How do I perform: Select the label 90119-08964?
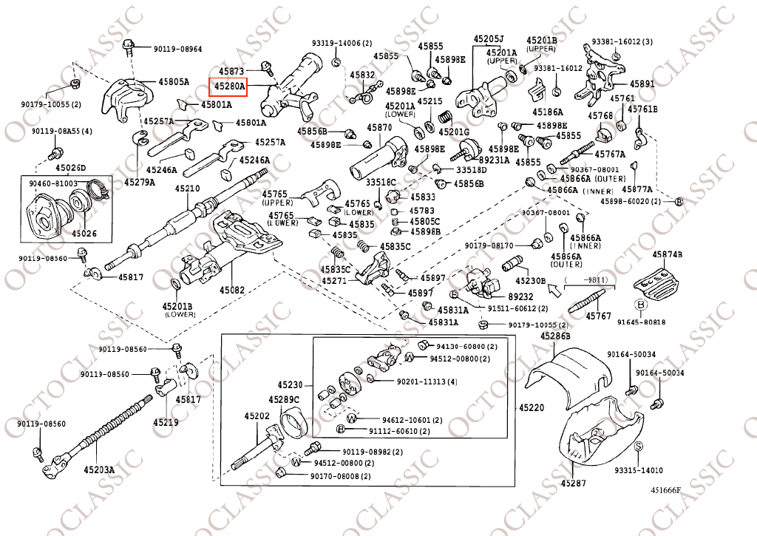click(x=177, y=49)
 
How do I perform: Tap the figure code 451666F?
click(x=665, y=490)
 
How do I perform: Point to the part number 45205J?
click(x=488, y=38)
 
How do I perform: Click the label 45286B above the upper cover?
click(x=555, y=336)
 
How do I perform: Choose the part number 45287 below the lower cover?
click(x=573, y=484)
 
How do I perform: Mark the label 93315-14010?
click(x=638, y=470)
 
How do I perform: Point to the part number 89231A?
click(x=495, y=160)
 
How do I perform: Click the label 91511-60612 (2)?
click(x=517, y=308)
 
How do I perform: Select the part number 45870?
click(x=379, y=128)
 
